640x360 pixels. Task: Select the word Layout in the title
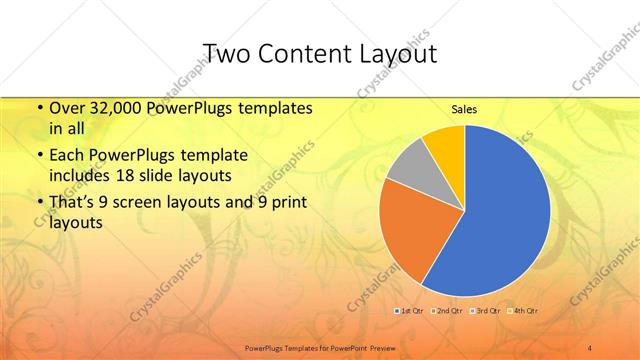pyautogui.click(x=398, y=53)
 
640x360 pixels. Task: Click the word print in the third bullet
pyautogui.click(x=289, y=203)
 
